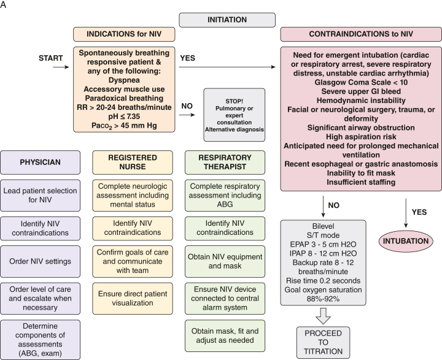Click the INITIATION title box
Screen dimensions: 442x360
[x=227, y=20]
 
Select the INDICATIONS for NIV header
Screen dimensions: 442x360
[x=124, y=34]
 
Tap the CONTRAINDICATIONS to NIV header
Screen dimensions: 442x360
[x=361, y=34]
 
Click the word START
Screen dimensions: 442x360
[x=51, y=58]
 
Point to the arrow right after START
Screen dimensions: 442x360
[x=61, y=67]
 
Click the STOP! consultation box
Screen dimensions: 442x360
[x=235, y=115]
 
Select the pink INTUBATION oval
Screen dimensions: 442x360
[x=406, y=241]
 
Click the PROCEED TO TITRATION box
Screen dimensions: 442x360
[x=323, y=342]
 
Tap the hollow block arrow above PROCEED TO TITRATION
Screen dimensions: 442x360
[x=323, y=316]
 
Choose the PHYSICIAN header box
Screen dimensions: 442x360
[x=41, y=163]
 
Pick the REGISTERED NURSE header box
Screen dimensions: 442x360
[x=133, y=163]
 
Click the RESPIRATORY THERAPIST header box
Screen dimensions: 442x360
[x=225, y=163]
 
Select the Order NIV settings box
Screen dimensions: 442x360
[x=41, y=261]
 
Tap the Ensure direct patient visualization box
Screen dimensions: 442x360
[x=133, y=298]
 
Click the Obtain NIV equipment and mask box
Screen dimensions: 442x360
[x=225, y=261]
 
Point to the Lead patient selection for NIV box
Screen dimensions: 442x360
[x=41, y=195]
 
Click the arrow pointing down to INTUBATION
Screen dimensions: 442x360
[x=406, y=213]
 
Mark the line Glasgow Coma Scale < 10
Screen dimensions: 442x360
[x=361, y=82]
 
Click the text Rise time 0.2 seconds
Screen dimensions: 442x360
[x=323, y=280]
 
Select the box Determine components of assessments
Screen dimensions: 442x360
[x=41, y=339]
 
